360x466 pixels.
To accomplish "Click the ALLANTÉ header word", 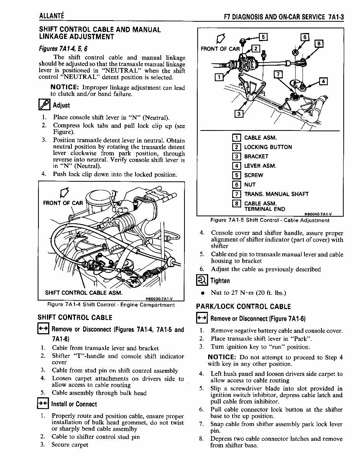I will (51, 16).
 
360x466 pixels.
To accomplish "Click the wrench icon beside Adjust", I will (43, 105).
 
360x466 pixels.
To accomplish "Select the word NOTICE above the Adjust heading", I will (65, 87).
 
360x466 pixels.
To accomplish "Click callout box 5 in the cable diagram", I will (263, 37).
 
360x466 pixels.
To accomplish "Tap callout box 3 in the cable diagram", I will (239, 113).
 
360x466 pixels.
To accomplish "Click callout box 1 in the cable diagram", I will (219, 77).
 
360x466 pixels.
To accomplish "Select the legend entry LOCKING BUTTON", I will (268, 147).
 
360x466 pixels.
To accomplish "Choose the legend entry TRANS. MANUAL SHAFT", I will (276, 194).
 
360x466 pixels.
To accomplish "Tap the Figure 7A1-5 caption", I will (270, 220).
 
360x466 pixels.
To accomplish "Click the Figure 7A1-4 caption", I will (111, 305).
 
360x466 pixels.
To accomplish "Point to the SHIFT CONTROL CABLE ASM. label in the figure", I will (84, 292).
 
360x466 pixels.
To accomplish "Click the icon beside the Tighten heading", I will (202, 280).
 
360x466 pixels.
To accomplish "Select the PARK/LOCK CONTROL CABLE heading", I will (243, 307).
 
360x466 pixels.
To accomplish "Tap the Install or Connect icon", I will (42, 404).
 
